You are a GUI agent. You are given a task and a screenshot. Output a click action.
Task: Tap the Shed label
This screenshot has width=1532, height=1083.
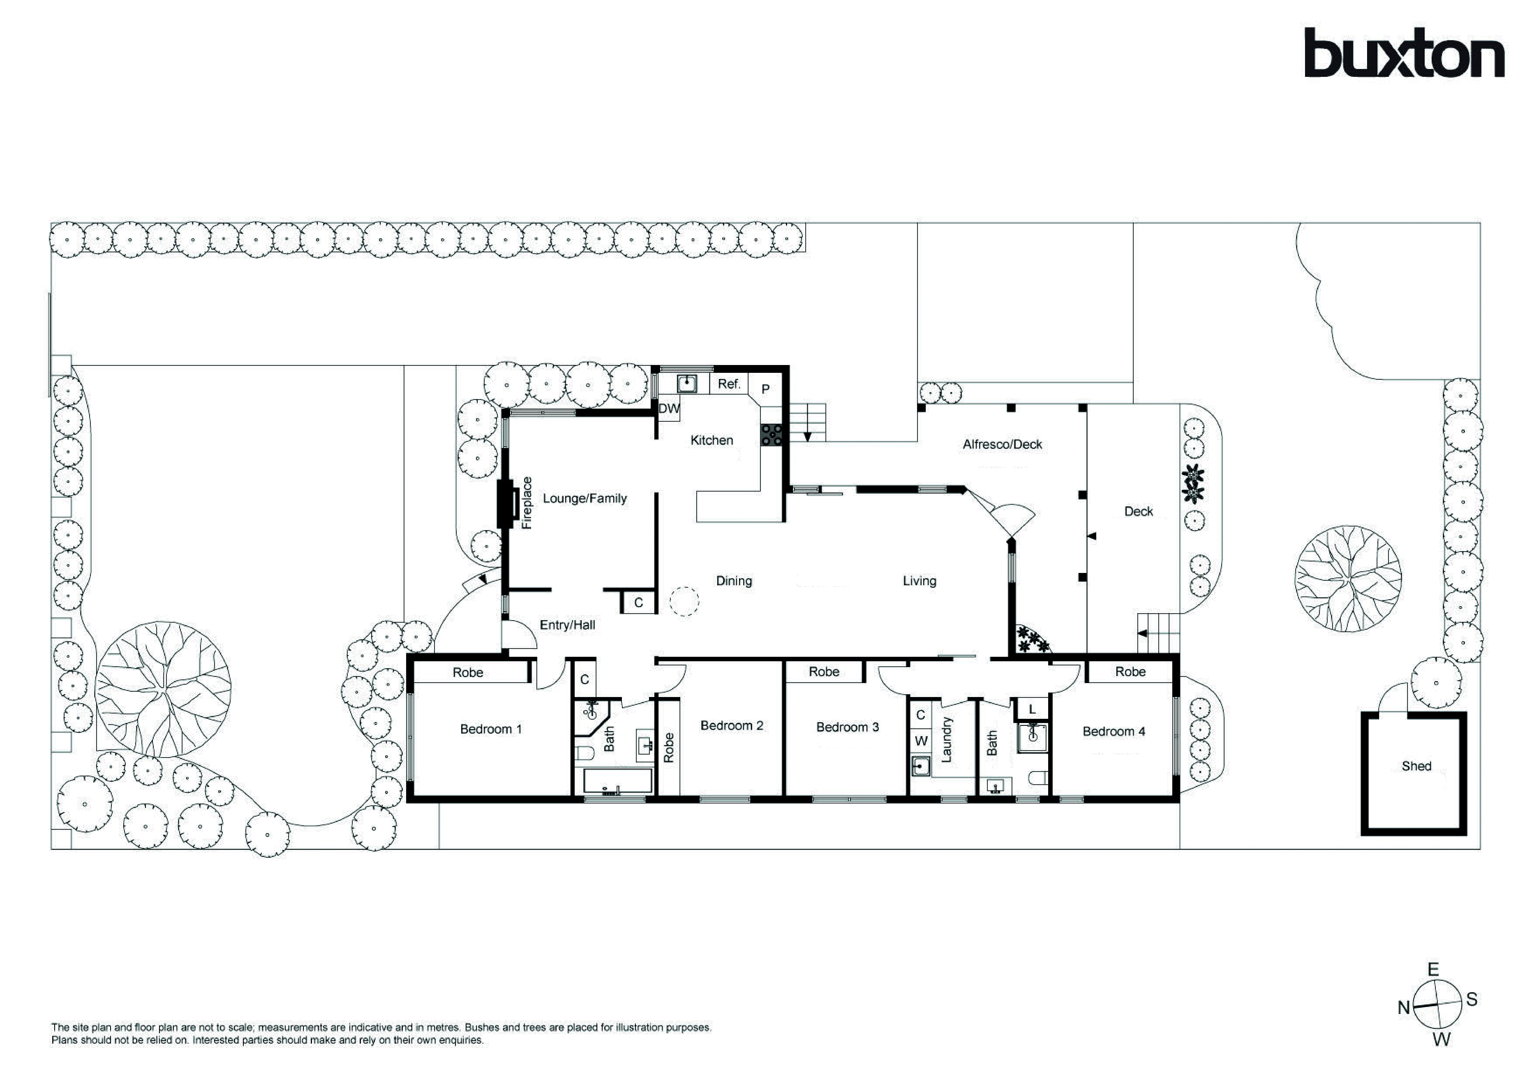click(x=1416, y=766)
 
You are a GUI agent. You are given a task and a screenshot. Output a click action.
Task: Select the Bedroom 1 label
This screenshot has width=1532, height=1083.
click(x=491, y=729)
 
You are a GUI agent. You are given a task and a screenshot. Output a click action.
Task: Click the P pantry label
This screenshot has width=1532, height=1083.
click(x=765, y=389)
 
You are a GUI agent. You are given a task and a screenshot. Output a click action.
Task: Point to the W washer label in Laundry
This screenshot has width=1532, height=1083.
click(x=921, y=741)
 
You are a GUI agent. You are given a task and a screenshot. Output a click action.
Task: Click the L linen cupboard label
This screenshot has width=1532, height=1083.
click(x=1032, y=709)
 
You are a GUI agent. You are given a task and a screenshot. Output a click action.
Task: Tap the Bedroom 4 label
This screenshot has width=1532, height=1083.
click(x=1114, y=731)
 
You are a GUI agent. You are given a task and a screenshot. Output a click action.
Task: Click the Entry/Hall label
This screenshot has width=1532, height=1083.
click(x=567, y=625)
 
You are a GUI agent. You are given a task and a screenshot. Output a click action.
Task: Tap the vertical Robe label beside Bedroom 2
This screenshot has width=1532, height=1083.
click(x=669, y=747)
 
